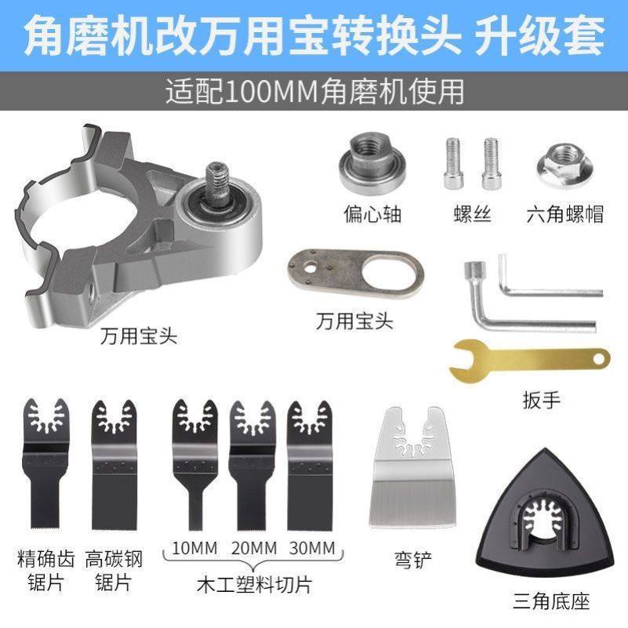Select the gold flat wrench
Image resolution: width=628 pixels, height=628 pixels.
529,358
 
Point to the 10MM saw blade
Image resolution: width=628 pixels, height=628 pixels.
193,463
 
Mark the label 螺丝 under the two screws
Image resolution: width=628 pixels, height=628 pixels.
472,213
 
